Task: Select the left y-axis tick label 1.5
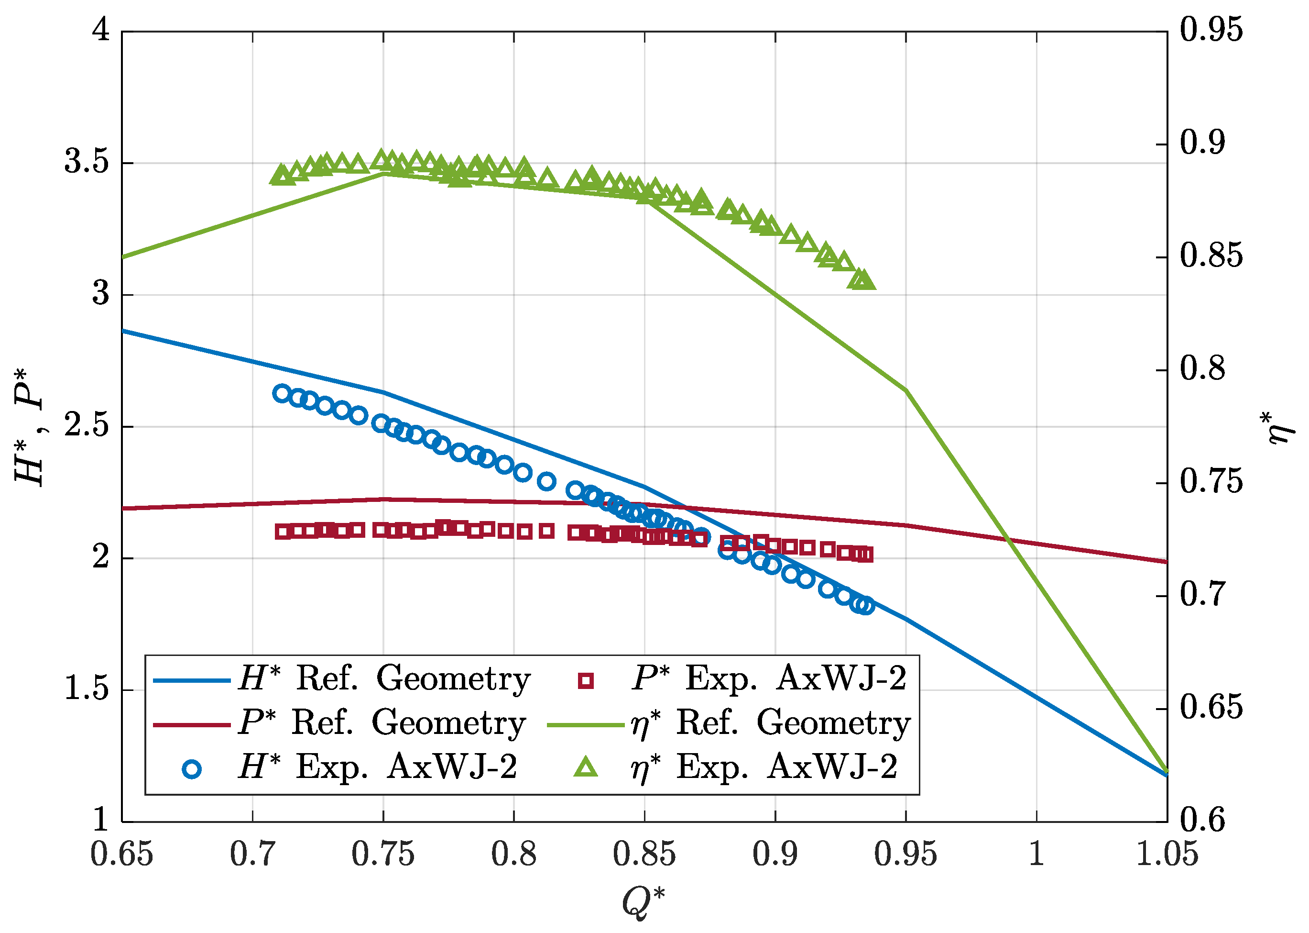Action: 86,688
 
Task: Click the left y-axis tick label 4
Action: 101,30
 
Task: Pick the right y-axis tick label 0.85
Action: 1211,255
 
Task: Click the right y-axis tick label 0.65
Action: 1211,707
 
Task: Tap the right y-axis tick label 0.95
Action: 1211,30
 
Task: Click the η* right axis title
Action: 1280,428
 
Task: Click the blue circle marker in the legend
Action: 192,769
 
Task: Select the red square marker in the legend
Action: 586,681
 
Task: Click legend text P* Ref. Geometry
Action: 382,723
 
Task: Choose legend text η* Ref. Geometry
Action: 770,723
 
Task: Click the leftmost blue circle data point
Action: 281,394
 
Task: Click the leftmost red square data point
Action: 282,532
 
